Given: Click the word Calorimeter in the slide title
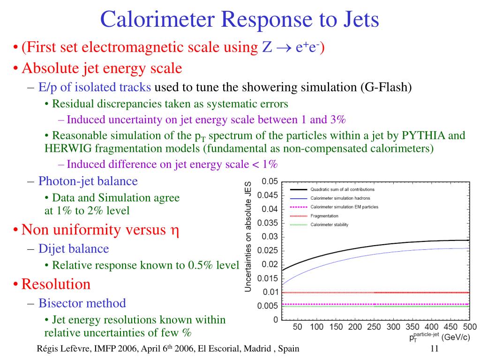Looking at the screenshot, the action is click(157, 19).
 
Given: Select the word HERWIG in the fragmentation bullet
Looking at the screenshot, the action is click(68, 149).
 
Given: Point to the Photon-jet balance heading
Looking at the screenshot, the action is click(88, 181).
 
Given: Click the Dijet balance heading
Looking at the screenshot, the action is click(74, 248).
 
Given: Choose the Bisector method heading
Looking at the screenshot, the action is click(82, 303).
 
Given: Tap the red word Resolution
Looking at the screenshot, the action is click(56, 284).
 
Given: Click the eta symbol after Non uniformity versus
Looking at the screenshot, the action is click(174, 231).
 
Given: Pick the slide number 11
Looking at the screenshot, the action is click(435, 348).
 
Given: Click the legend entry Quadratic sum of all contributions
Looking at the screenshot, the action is click(342, 189).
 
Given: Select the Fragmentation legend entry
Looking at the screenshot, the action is click(324, 216).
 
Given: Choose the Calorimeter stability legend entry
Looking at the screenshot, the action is click(330, 225).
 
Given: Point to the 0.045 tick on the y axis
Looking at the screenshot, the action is click(268, 195).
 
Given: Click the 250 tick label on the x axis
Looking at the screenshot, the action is click(374, 327).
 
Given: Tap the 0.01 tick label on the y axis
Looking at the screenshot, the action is click(270, 292).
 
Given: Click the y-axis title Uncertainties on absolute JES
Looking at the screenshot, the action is click(248, 236).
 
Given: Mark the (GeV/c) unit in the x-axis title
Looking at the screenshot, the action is click(456, 337).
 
